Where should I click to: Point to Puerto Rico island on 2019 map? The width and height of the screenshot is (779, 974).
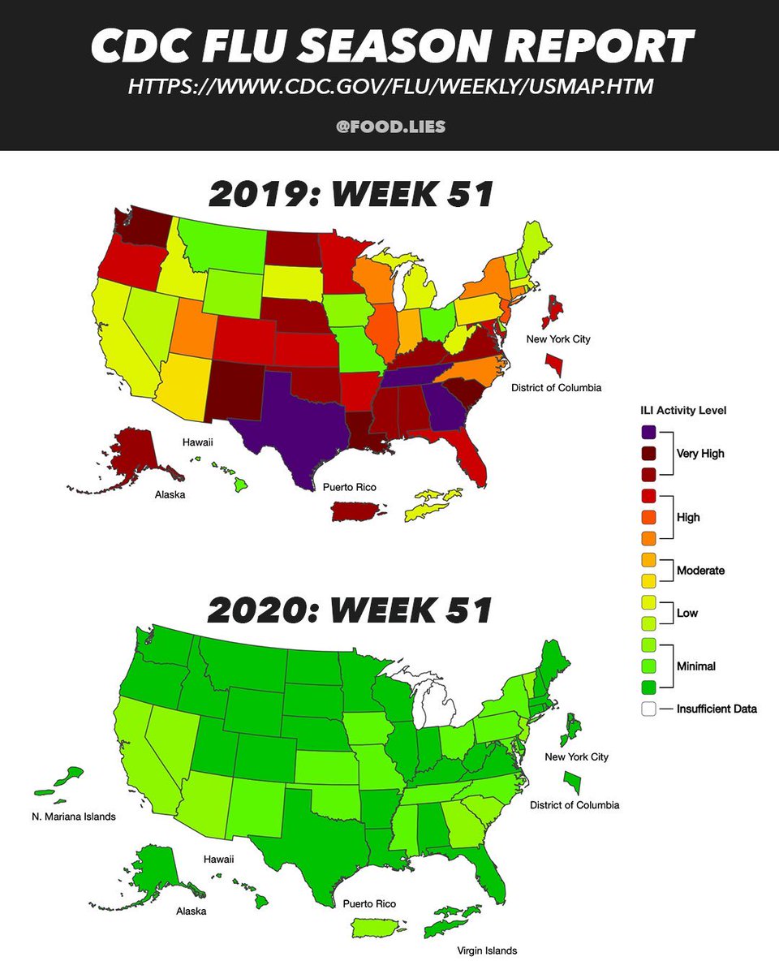[x=357, y=511]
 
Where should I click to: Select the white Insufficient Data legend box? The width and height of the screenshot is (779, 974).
[x=648, y=709]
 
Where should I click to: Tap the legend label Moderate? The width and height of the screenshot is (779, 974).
[x=700, y=571]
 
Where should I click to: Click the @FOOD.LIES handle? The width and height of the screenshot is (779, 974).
[x=390, y=127]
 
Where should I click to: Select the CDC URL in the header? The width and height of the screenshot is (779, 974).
[x=390, y=86]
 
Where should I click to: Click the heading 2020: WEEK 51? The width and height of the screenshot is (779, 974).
[x=351, y=610]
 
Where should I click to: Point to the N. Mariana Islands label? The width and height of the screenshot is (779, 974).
[x=68, y=817]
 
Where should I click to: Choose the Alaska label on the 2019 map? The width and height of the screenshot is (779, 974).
[x=170, y=493]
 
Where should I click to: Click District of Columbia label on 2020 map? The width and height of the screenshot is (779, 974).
[x=575, y=805]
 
